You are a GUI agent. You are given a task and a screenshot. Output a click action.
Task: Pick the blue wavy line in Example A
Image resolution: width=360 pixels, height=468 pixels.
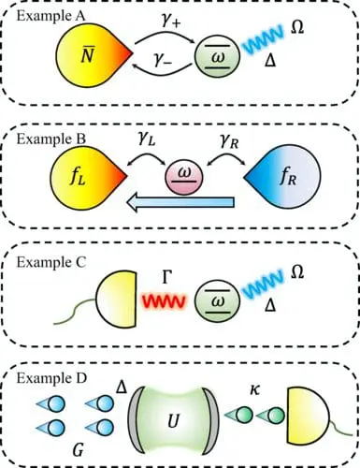[x=266, y=44]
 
